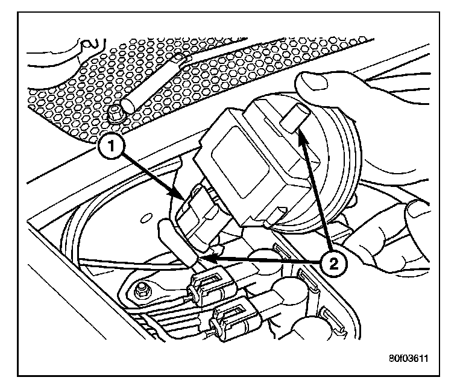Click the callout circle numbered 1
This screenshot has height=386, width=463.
point(112,146)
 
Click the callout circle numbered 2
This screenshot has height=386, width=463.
point(333,263)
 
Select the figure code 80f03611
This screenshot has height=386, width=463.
point(408,359)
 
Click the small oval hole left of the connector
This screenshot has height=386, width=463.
point(145,219)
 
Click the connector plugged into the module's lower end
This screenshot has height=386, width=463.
point(197,218)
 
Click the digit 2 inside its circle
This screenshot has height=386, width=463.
point(333,264)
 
